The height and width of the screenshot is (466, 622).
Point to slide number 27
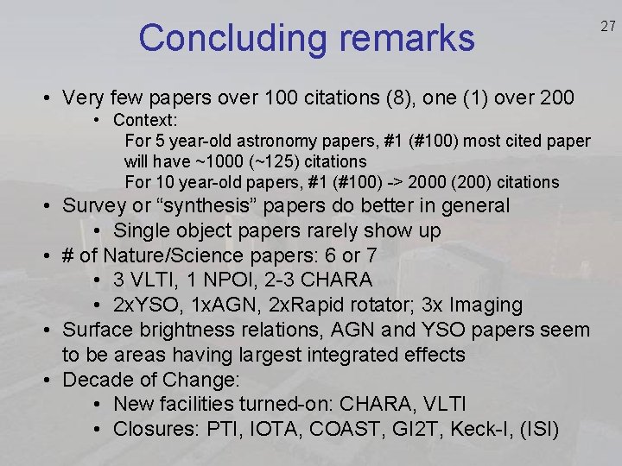[x=608, y=27]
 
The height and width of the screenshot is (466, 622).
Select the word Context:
[x=145, y=120]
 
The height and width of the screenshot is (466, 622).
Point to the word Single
[x=142, y=230]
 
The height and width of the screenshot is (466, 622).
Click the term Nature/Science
[x=173, y=255]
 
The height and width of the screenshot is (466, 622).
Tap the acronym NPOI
[x=238, y=280]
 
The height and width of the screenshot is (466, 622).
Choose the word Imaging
[x=486, y=305]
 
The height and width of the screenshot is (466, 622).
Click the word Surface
[x=98, y=330]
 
